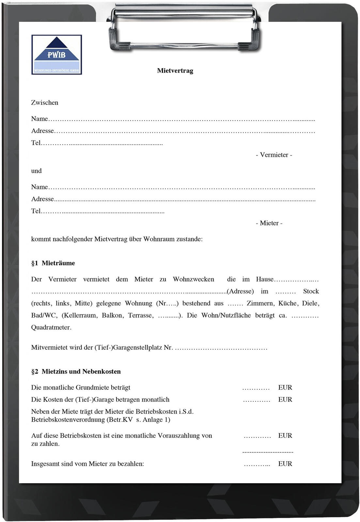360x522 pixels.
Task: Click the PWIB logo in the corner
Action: [x=56, y=55]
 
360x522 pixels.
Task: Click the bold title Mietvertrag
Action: [x=175, y=71]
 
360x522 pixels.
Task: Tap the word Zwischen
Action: [x=45, y=103]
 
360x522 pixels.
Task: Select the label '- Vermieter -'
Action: [x=274, y=155]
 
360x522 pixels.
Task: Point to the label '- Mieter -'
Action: [x=269, y=223]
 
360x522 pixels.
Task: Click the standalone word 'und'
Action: [x=36, y=171]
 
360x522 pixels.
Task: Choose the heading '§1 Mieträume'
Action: [x=53, y=263]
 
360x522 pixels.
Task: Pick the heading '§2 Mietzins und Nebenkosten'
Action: [x=76, y=372]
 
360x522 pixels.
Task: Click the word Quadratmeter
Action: [x=51, y=328]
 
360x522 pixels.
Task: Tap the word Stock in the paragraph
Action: [x=311, y=291]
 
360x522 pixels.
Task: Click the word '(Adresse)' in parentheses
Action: [x=240, y=291]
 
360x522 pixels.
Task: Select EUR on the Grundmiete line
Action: [x=285, y=388]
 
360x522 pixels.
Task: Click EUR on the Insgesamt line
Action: [x=285, y=464]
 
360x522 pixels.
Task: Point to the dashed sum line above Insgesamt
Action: [x=268, y=452]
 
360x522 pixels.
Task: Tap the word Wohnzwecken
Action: [x=194, y=279]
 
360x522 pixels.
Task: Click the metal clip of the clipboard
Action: [x=184, y=28]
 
